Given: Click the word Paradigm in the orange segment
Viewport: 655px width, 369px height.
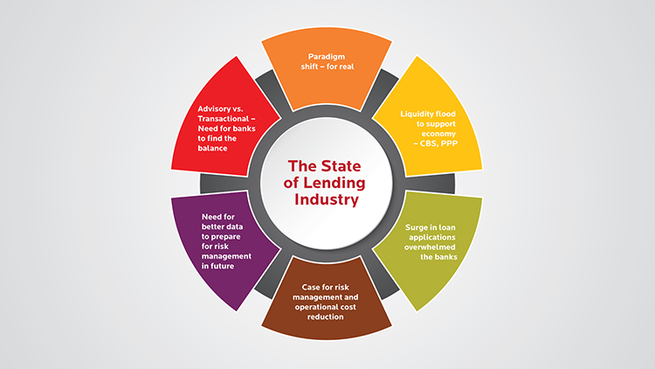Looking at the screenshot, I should click(x=316, y=57).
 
